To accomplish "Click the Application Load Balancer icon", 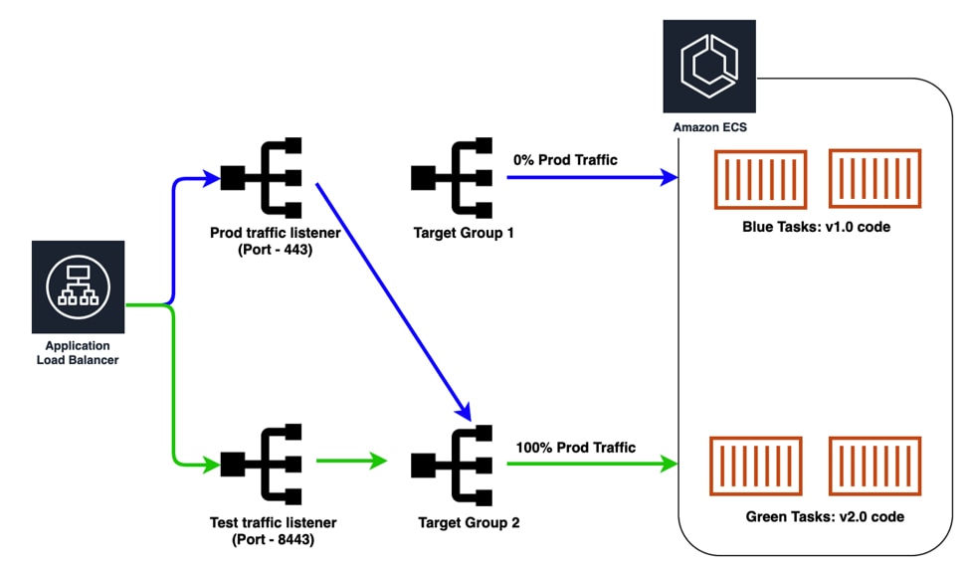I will [78, 287].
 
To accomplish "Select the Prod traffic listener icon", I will [261, 178].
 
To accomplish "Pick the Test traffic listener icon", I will [261, 463].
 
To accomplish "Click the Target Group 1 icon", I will [452, 178].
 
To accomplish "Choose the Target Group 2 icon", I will [452, 463].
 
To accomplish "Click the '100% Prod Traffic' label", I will [575, 447].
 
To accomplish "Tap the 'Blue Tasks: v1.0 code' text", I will [816, 226].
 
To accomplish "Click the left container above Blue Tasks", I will [759, 179].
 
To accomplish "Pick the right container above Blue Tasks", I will [874, 179].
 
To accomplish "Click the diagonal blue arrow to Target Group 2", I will [393, 298].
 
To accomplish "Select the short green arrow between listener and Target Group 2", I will [350, 462].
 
